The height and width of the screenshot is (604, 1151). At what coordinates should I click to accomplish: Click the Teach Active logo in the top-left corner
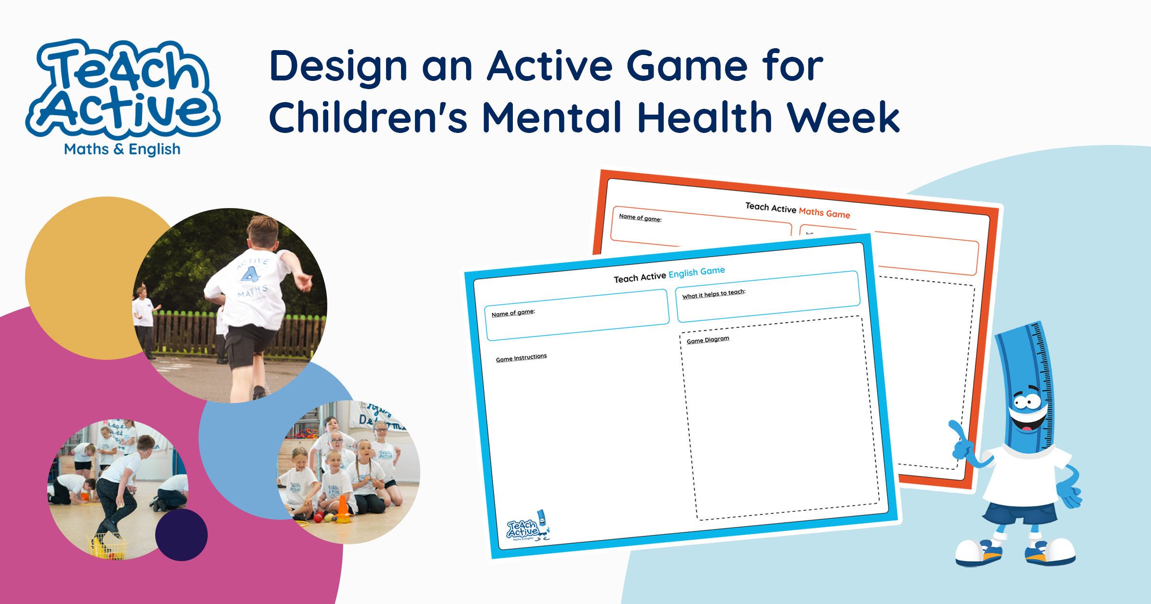pos(123,89)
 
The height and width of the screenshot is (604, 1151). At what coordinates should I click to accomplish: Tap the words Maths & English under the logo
pos(122,150)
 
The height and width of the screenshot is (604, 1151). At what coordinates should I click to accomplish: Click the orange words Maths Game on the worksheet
pos(824,212)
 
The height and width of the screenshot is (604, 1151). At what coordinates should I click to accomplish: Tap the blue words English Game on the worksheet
pos(696,273)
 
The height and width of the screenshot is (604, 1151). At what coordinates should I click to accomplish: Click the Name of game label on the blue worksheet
pos(513,313)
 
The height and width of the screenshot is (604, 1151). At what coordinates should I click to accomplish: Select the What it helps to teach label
pos(713,294)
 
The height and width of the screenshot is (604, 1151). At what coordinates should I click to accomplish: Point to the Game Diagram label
pos(708,340)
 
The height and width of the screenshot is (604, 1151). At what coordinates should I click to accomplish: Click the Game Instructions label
pos(521,358)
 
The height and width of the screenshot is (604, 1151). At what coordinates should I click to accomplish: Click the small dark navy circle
pos(181,535)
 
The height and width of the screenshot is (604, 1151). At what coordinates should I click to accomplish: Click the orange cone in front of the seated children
pos(343,509)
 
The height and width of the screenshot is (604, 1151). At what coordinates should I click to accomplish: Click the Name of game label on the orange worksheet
pos(640,218)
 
